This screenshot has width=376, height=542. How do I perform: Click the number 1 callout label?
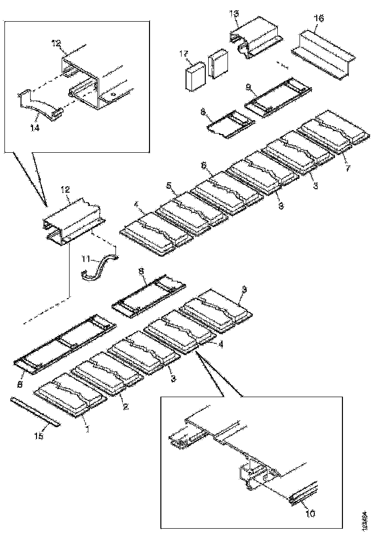pyautogui.click(x=87, y=429)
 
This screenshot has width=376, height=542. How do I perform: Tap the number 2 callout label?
pyautogui.click(x=125, y=406)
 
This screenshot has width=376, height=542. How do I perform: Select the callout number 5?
pyautogui.click(x=169, y=186)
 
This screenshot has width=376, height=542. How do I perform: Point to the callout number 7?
pyautogui.click(x=347, y=168)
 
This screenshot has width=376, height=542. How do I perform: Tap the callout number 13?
pyautogui.click(x=235, y=13)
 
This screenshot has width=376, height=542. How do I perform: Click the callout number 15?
pyautogui.click(x=39, y=436)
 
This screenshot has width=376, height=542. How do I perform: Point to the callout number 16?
pyautogui.click(x=319, y=18)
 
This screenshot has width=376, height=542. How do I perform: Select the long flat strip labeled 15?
pyautogui.click(x=35, y=410)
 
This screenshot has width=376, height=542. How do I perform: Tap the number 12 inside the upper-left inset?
pyautogui.click(x=56, y=42)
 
